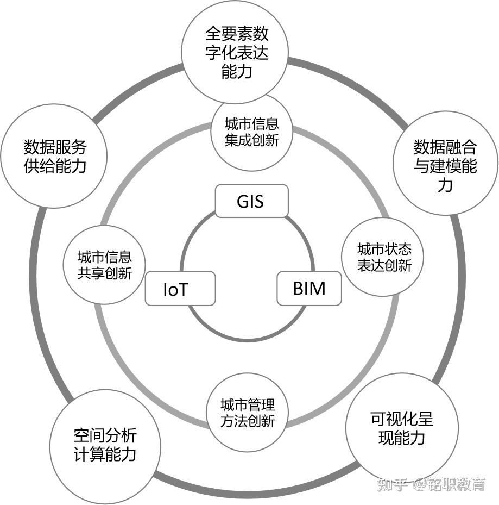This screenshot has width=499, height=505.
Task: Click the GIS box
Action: click(251, 201)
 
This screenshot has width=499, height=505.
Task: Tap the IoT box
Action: click(180, 289)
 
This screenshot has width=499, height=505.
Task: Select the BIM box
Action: click(309, 288)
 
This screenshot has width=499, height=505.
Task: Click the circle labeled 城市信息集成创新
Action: click(251, 132)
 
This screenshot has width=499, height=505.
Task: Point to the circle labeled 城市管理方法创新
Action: click(248, 413)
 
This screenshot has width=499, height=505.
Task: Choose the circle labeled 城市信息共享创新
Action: click(105, 265)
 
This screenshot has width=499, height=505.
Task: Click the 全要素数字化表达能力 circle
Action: click(237, 53)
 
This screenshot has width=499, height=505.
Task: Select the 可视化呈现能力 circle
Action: click(401, 428)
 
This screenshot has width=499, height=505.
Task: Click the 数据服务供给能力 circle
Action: click(55, 156)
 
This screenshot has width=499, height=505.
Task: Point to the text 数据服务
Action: click(55, 147)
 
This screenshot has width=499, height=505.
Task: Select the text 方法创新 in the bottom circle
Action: click(248, 421)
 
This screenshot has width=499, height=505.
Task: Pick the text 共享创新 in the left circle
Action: click(105, 273)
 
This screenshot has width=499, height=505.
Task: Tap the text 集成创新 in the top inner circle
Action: click(251, 140)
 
